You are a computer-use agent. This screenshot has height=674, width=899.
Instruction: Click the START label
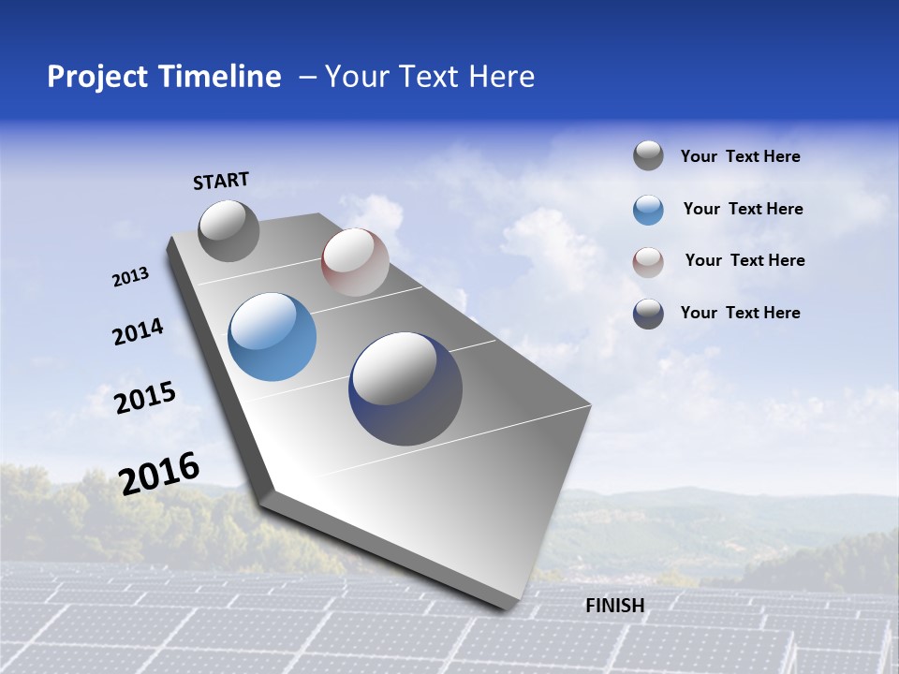coord(221,181)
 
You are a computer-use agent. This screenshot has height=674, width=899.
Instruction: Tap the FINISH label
coord(614,606)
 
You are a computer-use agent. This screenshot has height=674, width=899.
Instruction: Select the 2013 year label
coord(130,277)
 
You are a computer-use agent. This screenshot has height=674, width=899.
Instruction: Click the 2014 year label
coord(138,332)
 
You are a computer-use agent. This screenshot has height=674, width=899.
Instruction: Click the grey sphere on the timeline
coord(228,230)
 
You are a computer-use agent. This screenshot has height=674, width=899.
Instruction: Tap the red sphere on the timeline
coord(354,262)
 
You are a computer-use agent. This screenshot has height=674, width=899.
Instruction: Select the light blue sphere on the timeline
coord(272,337)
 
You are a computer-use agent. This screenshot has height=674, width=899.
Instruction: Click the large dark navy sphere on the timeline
coord(405,388)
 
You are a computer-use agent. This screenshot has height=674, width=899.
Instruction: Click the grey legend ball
coord(648,155)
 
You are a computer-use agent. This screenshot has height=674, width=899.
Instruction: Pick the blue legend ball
coord(648,209)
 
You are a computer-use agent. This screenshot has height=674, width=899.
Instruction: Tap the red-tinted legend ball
coord(648,261)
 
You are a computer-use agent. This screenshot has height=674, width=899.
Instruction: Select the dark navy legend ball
coord(648,314)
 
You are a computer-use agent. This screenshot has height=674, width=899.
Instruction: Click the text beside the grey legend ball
coord(740,157)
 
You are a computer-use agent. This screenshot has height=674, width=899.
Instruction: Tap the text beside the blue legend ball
coord(743,210)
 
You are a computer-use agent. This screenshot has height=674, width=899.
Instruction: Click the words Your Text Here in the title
coord(430,77)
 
